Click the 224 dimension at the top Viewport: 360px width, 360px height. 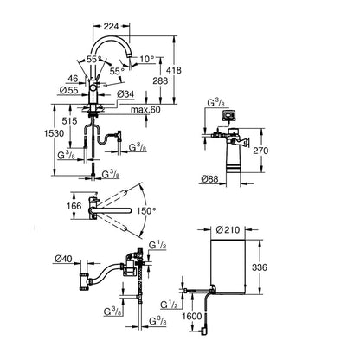pyautogui.click(x=111, y=26)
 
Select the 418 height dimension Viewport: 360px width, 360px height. pyautogui.click(x=174, y=70)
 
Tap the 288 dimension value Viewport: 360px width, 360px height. pyautogui.click(x=160, y=80)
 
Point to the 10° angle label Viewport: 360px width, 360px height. pyautogui.click(x=147, y=60)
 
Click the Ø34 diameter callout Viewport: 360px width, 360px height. pyautogui.click(x=125, y=94)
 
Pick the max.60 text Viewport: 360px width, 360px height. pyautogui.click(x=145, y=110)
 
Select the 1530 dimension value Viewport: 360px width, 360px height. pyautogui.click(x=54, y=133)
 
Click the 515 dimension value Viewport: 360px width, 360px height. pyautogui.click(x=69, y=121)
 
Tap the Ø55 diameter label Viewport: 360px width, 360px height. pyautogui.click(x=69, y=90)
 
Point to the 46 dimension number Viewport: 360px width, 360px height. pyautogui.click(x=73, y=79)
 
